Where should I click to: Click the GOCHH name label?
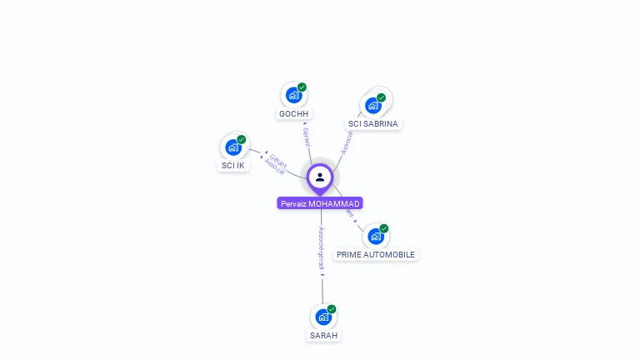[x=294, y=113]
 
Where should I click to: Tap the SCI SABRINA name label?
[x=373, y=123]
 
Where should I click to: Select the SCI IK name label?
[x=232, y=165]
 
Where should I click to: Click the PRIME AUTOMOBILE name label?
[x=375, y=254]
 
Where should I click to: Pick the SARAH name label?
[x=323, y=335]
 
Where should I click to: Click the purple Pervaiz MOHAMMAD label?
[x=320, y=203]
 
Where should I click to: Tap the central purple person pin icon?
[x=320, y=177]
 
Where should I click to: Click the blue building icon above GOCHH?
[x=293, y=95]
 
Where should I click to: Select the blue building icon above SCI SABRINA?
[x=373, y=105]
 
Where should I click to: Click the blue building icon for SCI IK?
[x=233, y=147]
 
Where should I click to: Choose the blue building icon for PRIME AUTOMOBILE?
[x=375, y=236]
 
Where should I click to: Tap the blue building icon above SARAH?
[x=322, y=317]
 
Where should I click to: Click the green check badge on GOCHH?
[x=302, y=87]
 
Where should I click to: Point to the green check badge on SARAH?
[x=332, y=309]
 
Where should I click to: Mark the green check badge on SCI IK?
[x=242, y=139]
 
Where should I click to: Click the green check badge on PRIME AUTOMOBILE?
[x=384, y=228]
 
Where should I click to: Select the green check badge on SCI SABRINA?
[x=382, y=97]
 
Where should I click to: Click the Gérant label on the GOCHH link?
[x=306, y=137]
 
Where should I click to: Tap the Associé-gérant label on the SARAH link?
[x=322, y=248]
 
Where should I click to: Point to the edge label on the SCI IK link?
[x=276, y=162]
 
